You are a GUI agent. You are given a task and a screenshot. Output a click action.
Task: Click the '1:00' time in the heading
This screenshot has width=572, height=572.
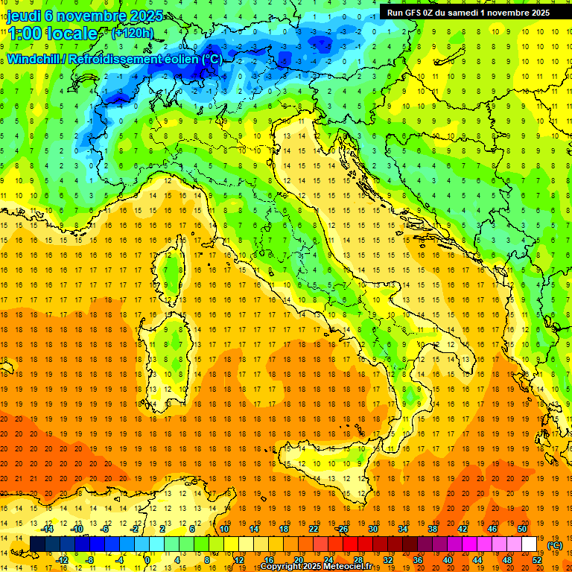coord(25,34)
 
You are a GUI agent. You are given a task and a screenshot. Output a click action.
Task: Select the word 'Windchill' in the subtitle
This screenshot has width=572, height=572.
coord(34,59)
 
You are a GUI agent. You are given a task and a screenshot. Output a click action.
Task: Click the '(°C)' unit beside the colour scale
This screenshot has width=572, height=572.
coord(555,545)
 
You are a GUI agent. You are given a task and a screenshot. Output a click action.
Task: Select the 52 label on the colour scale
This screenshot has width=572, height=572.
coord(537,560)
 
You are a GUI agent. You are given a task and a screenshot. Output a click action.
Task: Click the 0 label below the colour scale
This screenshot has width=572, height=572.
coord(147,560)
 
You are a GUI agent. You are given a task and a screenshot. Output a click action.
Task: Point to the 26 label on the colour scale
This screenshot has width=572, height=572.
coord(343,529)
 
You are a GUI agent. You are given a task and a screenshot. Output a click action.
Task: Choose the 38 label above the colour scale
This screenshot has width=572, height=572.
coord(432,529)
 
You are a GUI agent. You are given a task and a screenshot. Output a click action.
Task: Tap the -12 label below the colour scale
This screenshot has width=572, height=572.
coord(62,560)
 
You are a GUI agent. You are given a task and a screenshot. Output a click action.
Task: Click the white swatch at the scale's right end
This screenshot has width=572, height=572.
coord(530,544)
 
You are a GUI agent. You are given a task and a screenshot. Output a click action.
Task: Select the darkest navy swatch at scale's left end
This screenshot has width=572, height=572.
coord(37,544)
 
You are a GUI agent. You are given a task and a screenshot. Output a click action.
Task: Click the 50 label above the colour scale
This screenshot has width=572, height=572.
coord(521,529)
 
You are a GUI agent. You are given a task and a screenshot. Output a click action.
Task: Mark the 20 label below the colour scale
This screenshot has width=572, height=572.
coord(298,560)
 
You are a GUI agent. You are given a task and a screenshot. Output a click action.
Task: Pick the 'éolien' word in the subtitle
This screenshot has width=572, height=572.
coord(165,59)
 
